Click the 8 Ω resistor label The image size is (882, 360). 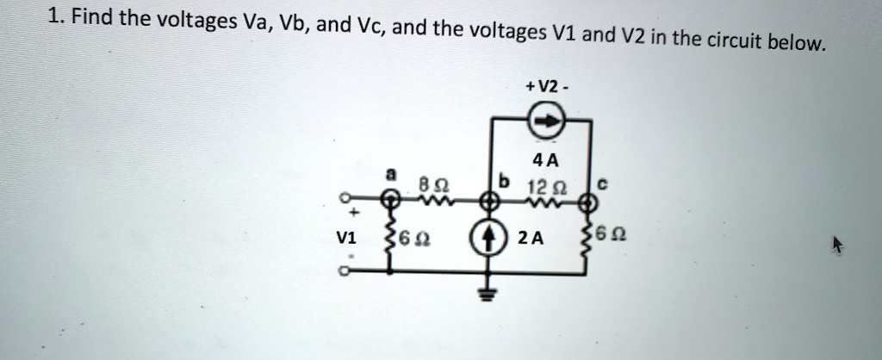pyautogui.click(x=426, y=183)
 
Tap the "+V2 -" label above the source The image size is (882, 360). pyautogui.click(x=543, y=86)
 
